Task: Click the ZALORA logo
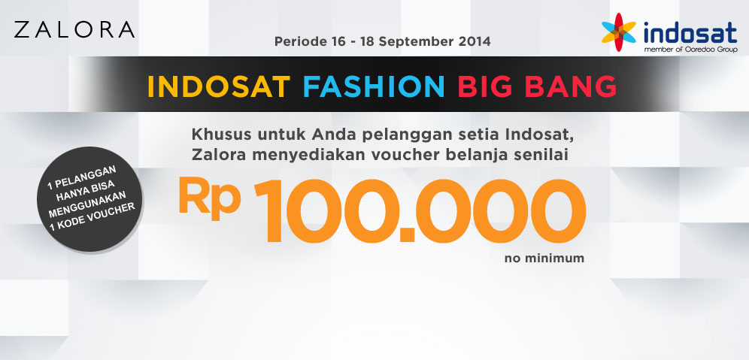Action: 74,29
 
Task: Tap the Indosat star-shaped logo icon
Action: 619,32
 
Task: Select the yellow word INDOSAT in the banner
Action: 219,86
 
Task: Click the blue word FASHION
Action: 374,86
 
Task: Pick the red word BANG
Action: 571,86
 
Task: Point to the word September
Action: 420,42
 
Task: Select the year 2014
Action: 475,41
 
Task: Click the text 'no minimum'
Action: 544,259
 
